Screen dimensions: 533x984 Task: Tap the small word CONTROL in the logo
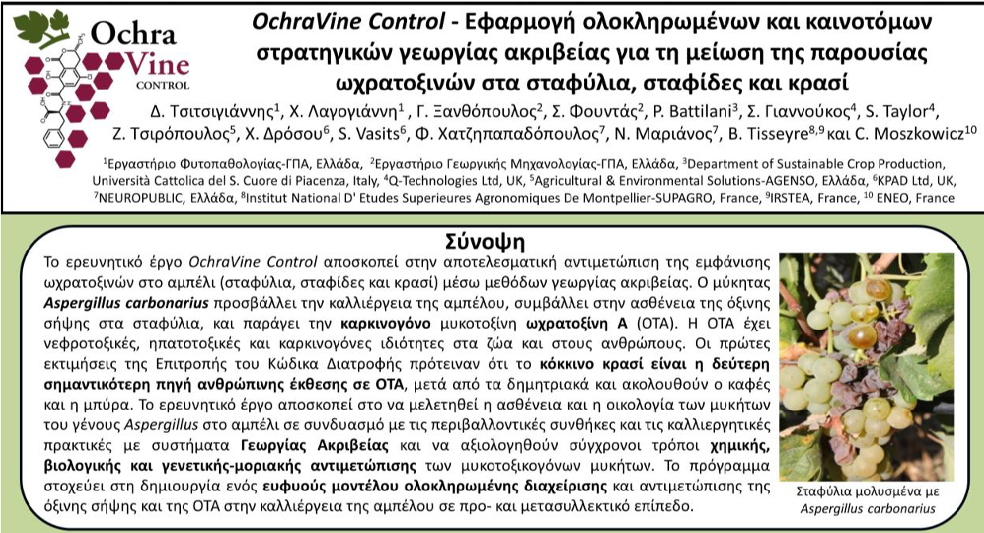162,84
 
